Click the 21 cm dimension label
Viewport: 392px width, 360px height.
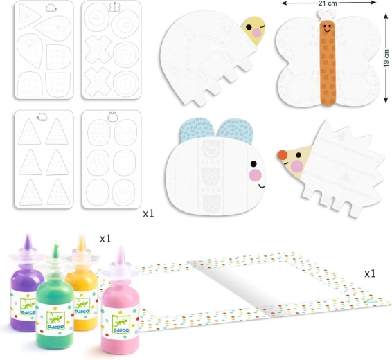tap(328, 3)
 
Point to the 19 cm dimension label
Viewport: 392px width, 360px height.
tap(386, 58)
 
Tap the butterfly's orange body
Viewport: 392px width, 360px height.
tap(328, 62)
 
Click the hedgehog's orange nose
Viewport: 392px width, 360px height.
tap(283, 155)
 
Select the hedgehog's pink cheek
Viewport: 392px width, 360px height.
tap(297, 166)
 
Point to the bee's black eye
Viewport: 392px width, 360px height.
tap(253, 164)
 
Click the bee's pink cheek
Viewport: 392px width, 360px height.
tap(256, 175)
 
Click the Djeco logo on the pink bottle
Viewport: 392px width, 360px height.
tap(121, 324)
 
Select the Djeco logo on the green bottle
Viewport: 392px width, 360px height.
tap(55, 321)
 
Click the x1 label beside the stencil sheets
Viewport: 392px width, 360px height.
tap(148, 214)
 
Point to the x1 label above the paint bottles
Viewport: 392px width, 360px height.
tap(105, 239)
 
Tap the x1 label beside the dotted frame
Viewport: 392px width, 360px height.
tap(370, 274)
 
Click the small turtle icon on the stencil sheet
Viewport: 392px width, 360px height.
tap(51, 8)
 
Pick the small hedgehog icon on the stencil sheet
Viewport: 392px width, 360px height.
tap(42, 117)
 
